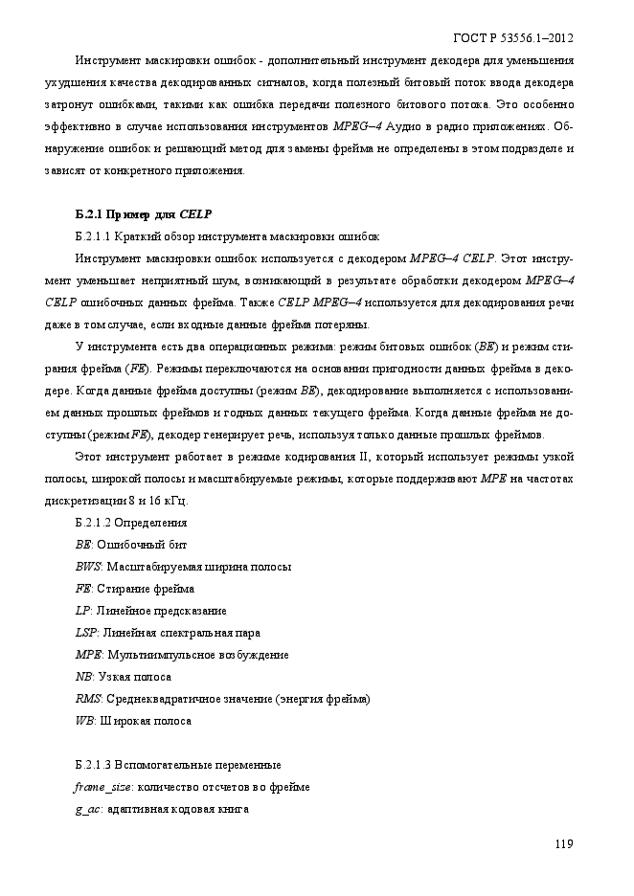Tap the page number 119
click(x=563, y=843)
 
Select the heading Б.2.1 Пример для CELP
click(x=143, y=213)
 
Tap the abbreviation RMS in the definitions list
click(x=87, y=699)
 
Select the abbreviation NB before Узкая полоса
click(x=83, y=677)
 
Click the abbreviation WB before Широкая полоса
click(x=84, y=721)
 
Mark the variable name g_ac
click(x=88, y=809)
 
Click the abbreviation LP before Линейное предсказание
click(x=82, y=611)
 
